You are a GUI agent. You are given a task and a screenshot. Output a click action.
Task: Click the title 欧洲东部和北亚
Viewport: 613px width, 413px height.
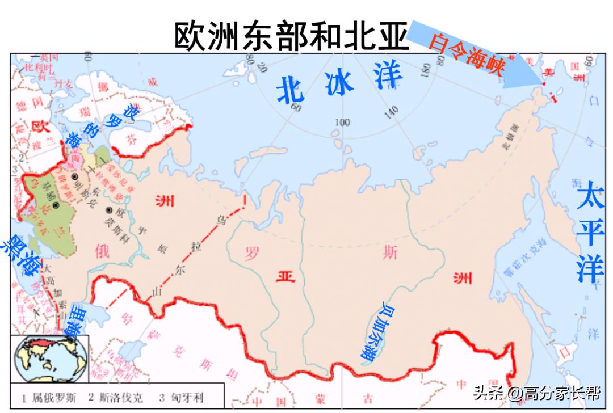click(291, 36)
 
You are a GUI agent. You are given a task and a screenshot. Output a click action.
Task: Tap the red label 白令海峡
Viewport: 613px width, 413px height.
click(466, 54)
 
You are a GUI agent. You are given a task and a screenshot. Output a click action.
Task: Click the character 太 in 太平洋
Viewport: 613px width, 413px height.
click(590, 199)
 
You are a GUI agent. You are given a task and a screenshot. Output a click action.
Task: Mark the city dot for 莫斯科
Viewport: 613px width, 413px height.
click(108, 210)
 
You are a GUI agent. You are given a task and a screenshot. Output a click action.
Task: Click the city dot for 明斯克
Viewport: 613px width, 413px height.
click(74, 177)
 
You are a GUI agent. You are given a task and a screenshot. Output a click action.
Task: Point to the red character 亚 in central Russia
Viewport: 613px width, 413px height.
click(285, 276)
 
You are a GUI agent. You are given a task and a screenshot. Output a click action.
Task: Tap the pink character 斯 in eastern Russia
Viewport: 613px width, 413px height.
click(390, 254)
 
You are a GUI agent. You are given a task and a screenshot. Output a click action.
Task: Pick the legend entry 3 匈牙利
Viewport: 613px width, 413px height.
click(181, 398)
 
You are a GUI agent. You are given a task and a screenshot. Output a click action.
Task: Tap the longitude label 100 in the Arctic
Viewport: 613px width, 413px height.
click(342, 122)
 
